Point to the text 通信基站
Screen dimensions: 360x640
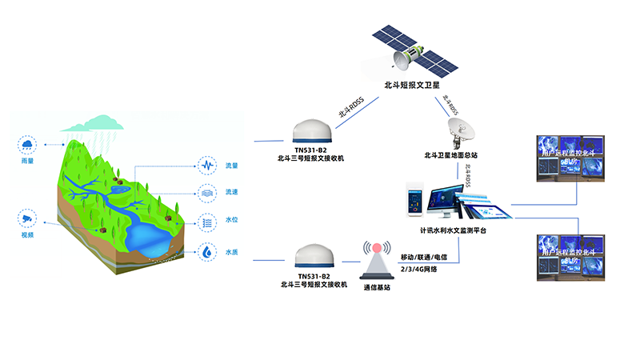click(x=378, y=287)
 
